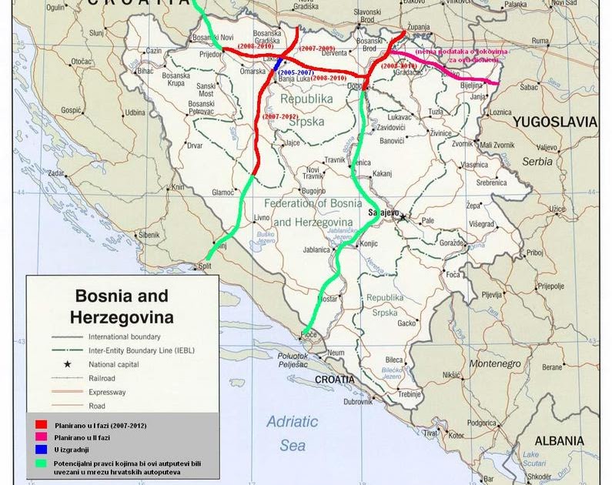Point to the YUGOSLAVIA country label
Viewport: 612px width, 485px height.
[555, 122]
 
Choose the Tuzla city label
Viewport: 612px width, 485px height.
[436, 112]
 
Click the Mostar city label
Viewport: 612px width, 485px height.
[329, 297]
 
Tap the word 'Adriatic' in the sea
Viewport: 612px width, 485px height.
[292, 422]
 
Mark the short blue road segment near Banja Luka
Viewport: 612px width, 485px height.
[277, 65]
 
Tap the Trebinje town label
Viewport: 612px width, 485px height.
[411, 394]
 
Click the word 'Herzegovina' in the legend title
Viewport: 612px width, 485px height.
[122, 316]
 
